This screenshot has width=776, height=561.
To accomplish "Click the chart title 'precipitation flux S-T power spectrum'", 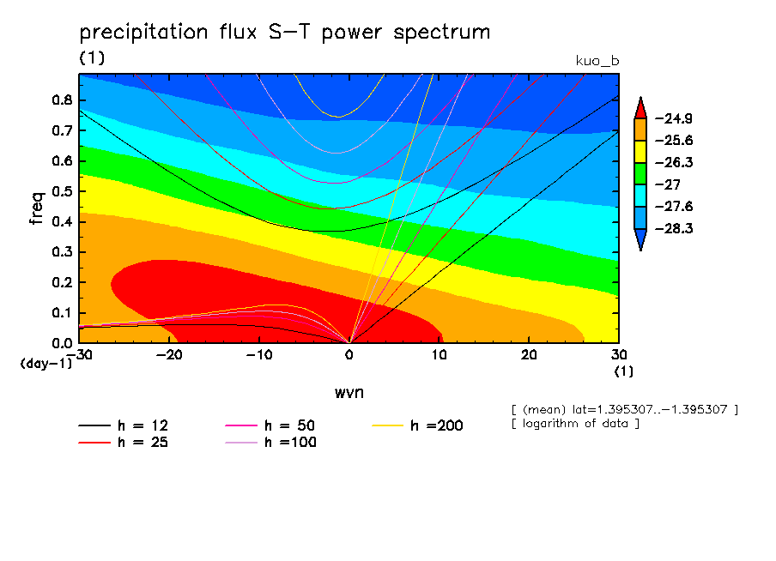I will point(284,33).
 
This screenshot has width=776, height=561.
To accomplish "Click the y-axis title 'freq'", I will point(36,208).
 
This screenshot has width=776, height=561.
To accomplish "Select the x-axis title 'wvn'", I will point(348,392).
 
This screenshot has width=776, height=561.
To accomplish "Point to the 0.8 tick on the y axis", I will point(61,100).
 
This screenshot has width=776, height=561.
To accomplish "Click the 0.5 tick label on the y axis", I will point(61,191).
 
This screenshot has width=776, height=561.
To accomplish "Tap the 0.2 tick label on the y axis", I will point(61,283).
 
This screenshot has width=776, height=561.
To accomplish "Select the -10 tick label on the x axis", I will point(258,354).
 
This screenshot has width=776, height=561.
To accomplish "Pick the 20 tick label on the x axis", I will point(529,354).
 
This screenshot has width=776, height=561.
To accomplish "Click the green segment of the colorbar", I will point(640,173).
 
